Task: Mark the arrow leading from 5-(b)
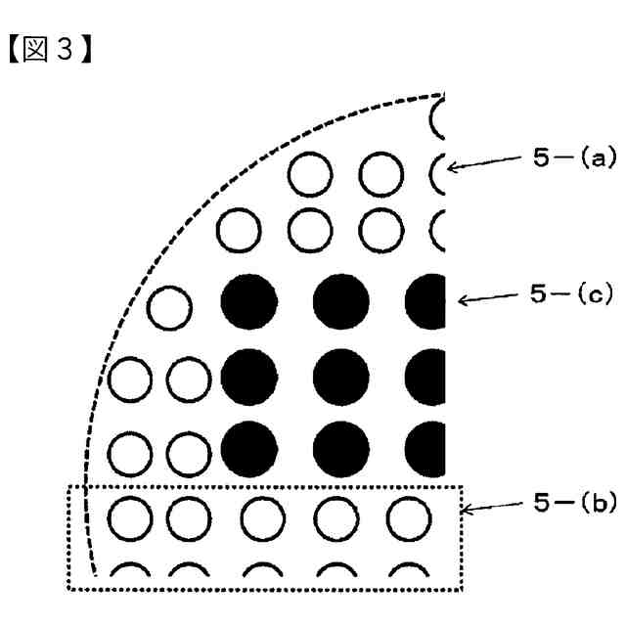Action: pos(493,508)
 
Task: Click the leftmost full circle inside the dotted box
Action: pos(127,519)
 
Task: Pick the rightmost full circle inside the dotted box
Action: pos(407,519)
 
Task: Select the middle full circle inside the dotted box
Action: pos(266,519)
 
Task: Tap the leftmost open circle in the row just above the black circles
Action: pos(238,230)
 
